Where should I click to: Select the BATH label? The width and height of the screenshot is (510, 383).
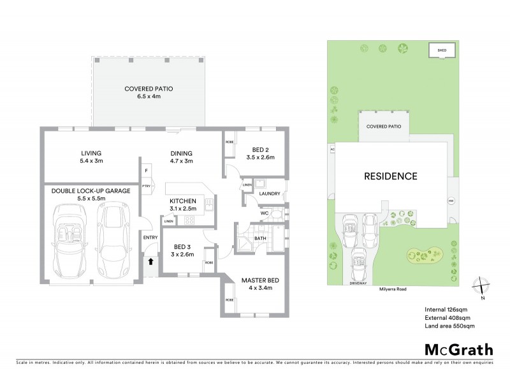click(260, 239)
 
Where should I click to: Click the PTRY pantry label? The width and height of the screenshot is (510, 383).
click(146, 186)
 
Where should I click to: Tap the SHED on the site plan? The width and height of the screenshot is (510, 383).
click(439, 50)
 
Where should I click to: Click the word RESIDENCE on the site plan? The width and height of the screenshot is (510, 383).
click(391, 176)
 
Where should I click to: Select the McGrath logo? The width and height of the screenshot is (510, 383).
click(458, 349)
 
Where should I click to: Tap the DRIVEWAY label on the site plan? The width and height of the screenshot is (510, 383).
click(358, 283)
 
